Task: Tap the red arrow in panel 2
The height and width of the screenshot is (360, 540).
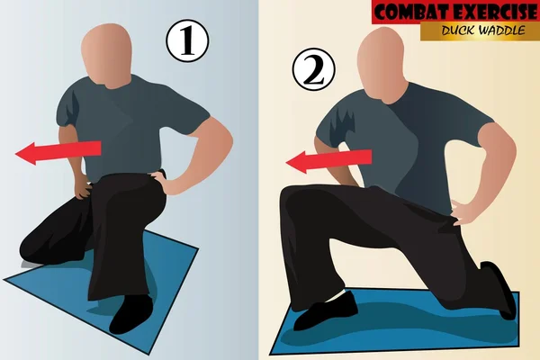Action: (324, 160)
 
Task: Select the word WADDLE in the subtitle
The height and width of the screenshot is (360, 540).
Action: (504, 31)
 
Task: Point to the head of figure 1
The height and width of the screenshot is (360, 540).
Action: (106, 54)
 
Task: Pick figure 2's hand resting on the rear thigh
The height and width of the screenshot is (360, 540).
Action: (466, 214)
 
